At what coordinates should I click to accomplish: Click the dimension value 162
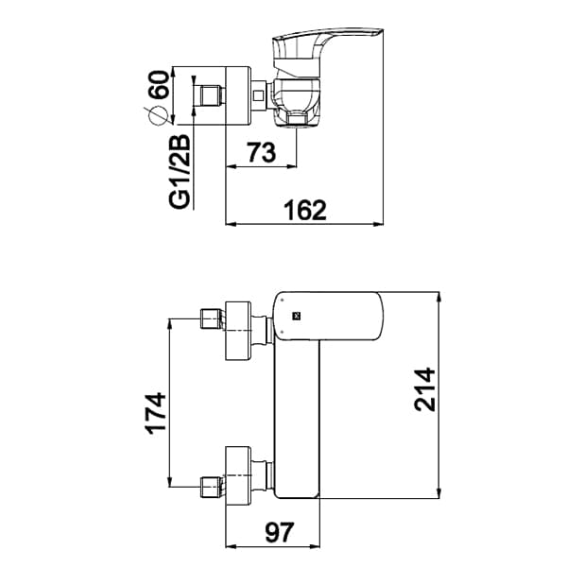(304, 210)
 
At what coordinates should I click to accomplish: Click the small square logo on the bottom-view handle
(293, 317)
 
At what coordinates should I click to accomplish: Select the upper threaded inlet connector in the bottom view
(212, 319)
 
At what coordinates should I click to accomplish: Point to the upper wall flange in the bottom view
(237, 330)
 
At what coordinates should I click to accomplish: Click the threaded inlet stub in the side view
(208, 96)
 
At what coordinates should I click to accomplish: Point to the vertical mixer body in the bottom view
(295, 416)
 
